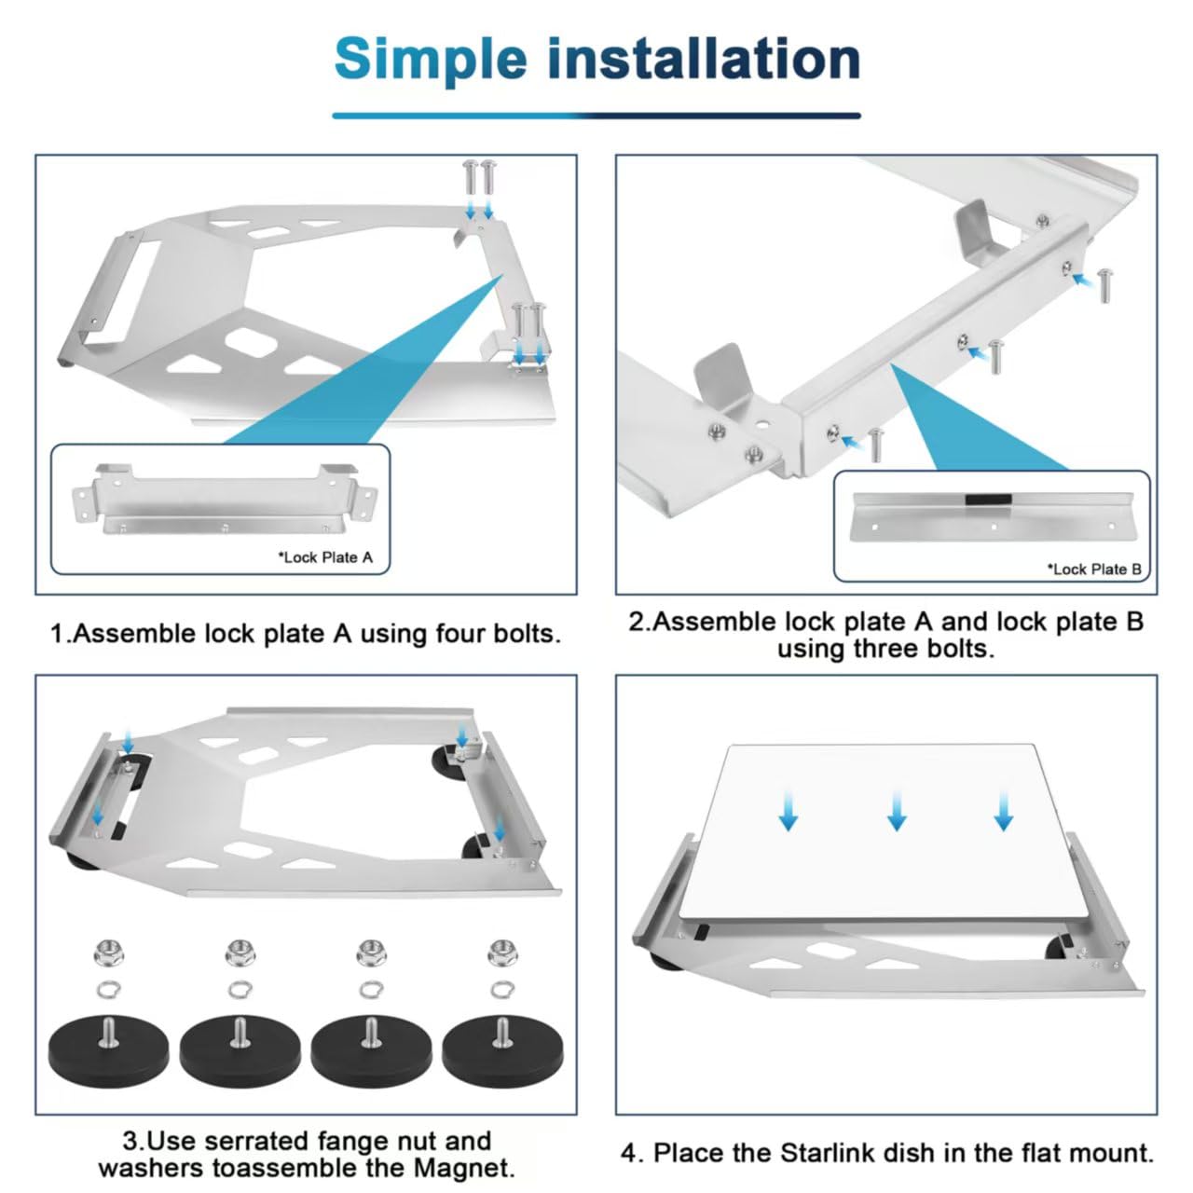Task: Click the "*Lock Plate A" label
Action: point(325,557)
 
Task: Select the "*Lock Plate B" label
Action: point(1094,569)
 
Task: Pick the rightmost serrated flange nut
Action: point(502,953)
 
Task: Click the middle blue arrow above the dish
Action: point(897,809)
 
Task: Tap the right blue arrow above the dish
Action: point(1004,809)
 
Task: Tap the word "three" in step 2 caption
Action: point(893,649)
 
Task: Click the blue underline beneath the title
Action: point(596,116)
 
